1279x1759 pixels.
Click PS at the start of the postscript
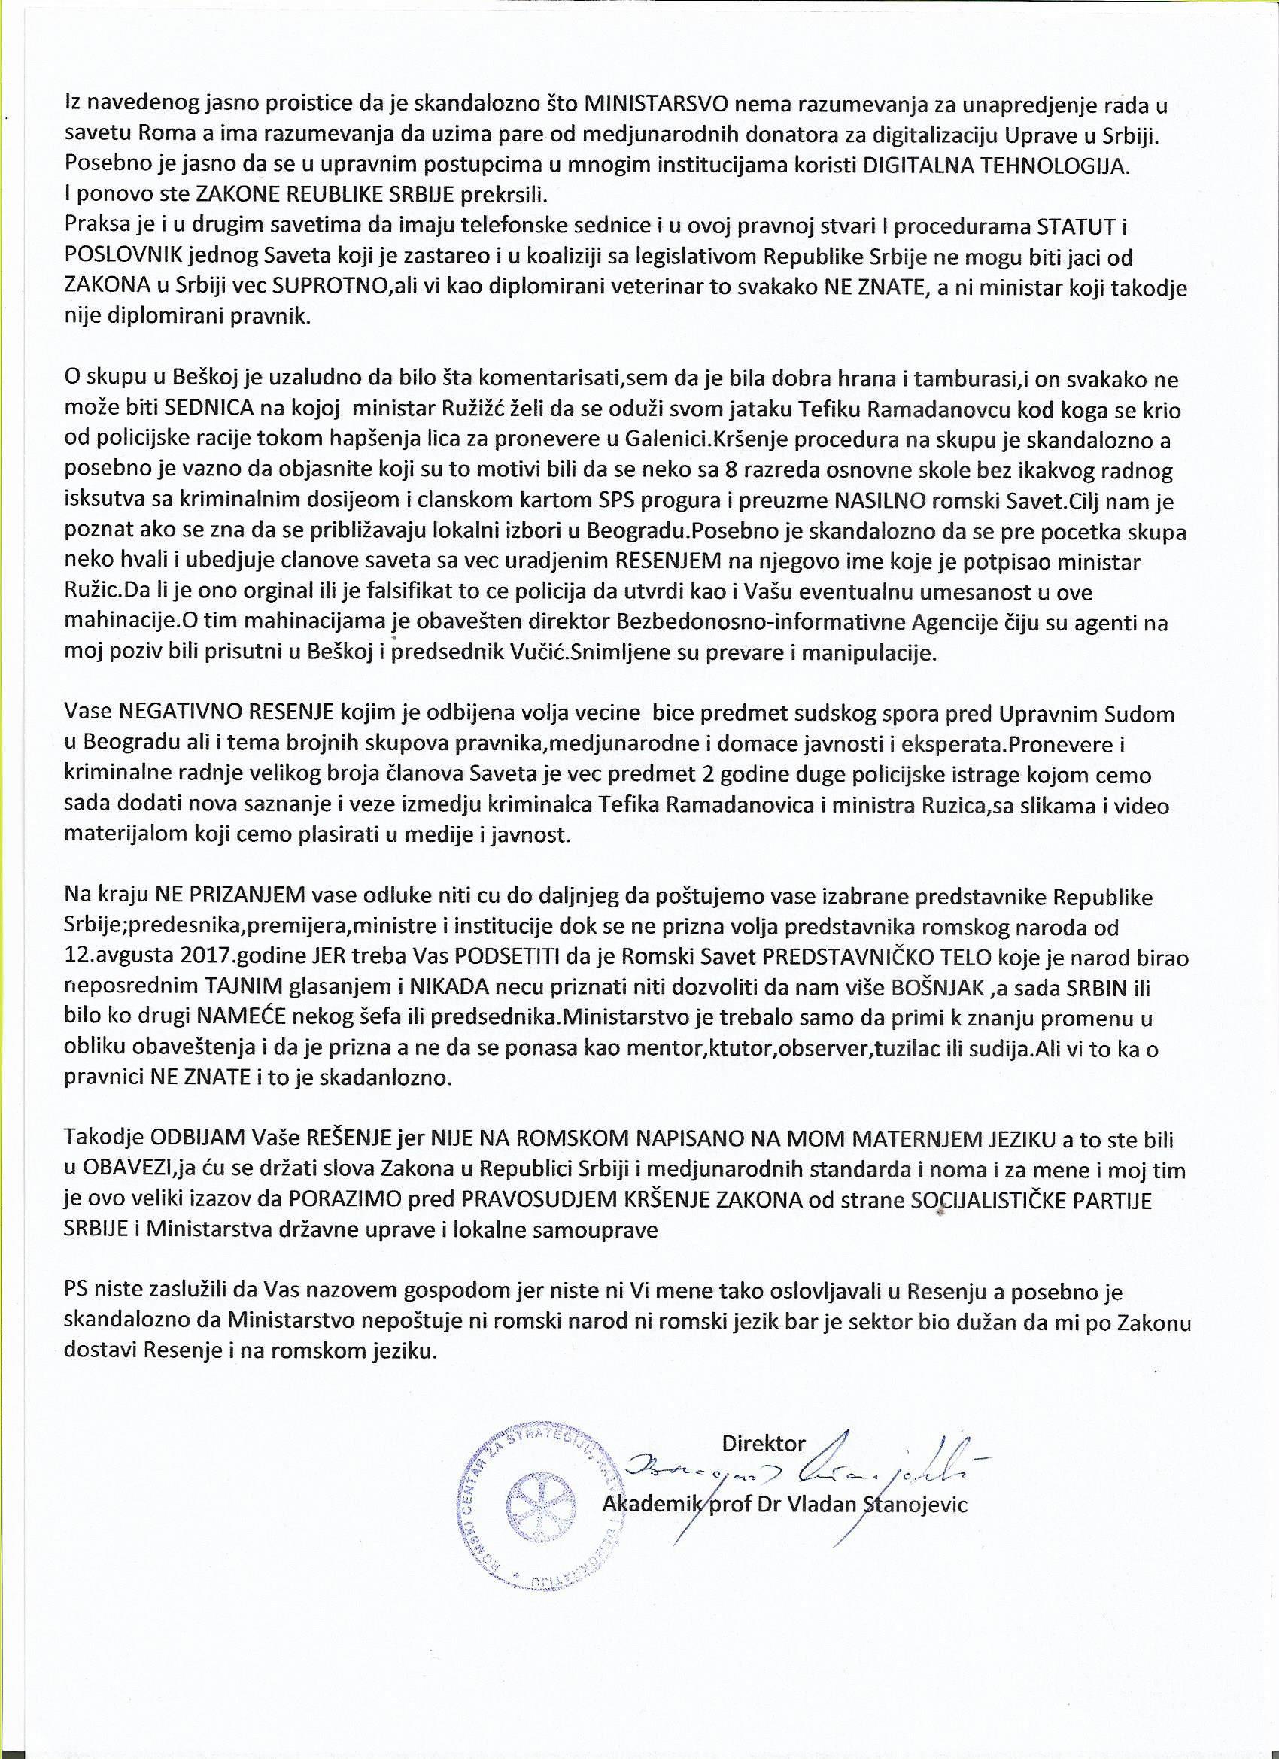(75, 1293)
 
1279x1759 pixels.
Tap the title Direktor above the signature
(763, 1444)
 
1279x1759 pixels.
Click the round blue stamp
(534, 1502)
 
